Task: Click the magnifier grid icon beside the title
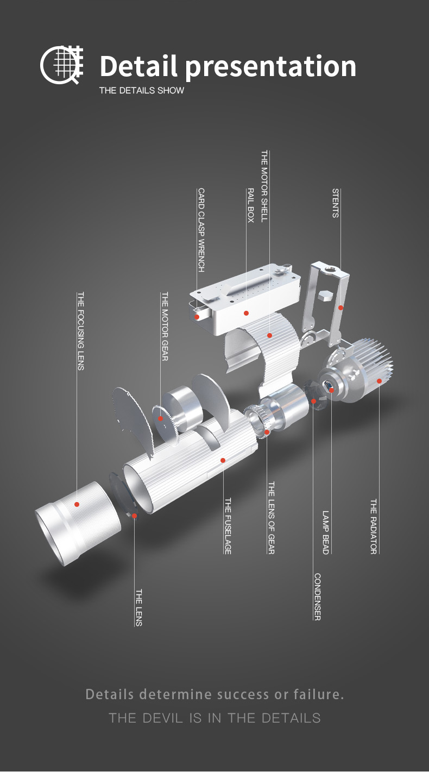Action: [x=62, y=65]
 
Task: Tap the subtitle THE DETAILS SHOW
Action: [x=142, y=91]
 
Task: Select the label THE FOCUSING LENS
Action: [x=80, y=331]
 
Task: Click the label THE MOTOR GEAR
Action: [x=165, y=327]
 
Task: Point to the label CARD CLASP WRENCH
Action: [x=201, y=230]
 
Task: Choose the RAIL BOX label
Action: [x=250, y=205]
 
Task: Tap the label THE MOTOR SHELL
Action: [x=264, y=186]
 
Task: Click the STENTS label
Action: [x=335, y=203]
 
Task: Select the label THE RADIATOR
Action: [x=374, y=526]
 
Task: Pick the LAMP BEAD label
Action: [x=326, y=532]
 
